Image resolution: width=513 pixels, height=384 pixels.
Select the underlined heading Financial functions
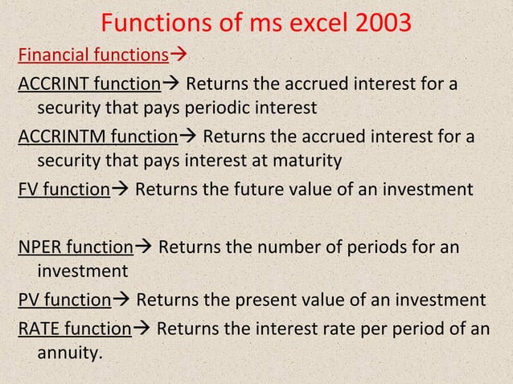pos(92,56)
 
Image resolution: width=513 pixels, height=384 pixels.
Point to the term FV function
pos(63,190)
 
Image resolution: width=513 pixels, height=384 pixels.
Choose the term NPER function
pos(75,246)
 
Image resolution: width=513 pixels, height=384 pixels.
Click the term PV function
pos(64,300)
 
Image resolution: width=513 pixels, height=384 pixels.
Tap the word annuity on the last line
pos(70,350)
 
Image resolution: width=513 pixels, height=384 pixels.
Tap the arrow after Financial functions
pos(176,56)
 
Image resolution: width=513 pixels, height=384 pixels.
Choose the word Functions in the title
pos(154,22)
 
